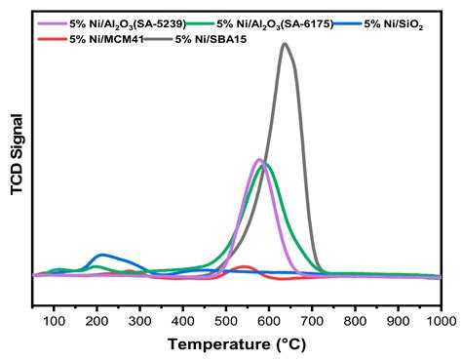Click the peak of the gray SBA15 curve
[285, 44]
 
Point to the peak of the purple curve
[258, 159]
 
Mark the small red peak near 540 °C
[244, 265]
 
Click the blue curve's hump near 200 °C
[99, 255]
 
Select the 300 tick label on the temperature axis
[140, 320]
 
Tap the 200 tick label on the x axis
[97, 320]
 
